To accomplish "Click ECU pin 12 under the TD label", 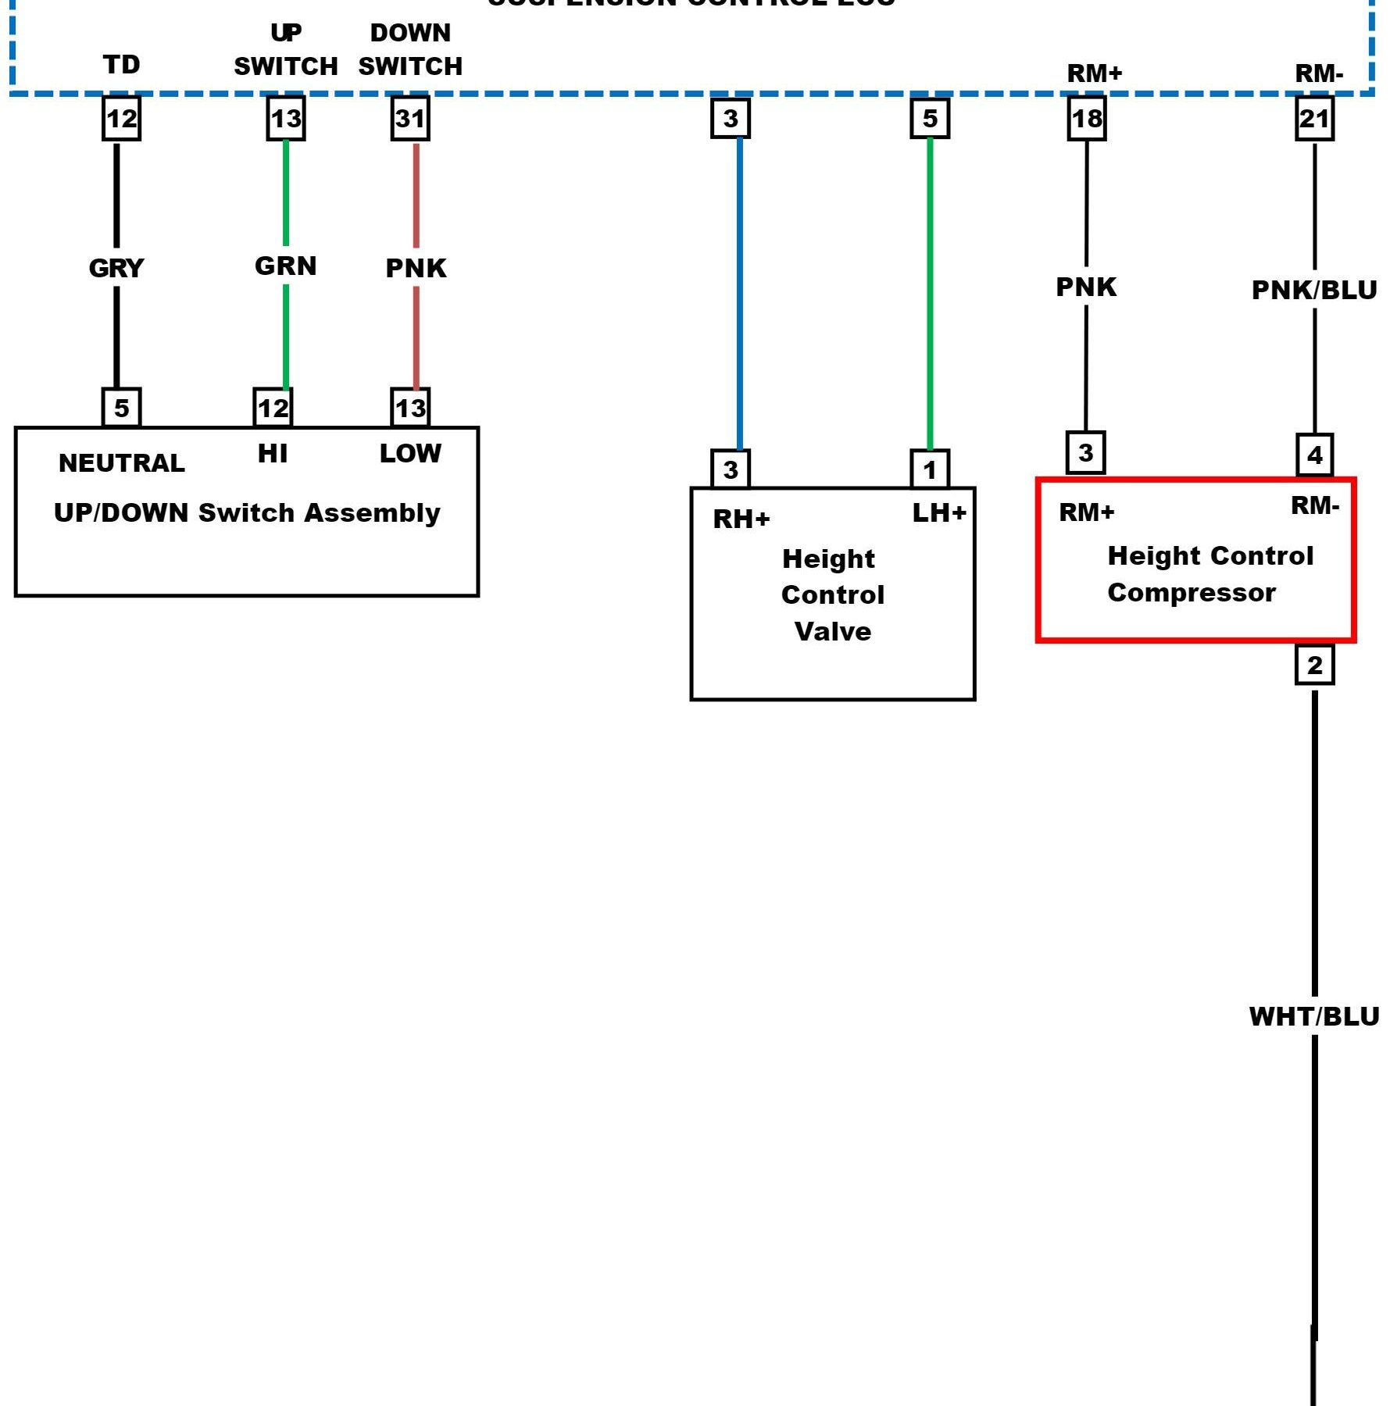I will pyautogui.click(x=121, y=119).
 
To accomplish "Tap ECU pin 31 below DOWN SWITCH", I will pyautogui.click(x=410, y=119).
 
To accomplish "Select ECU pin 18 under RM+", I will pyautogui.click(x=1086, y=119).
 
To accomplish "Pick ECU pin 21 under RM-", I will pyautogui.click(x=1314, y=119).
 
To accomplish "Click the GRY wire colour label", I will pyautogui.click(x=116, y=268).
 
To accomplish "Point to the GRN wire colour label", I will pyautogui.click(x=286, y=266).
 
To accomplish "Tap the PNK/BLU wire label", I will pyautogui.click(x=1314, y=290).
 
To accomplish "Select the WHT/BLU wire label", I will pyautogui.click(x=1314, y=1016).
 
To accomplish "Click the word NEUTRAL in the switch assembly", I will pyautogui.click(x=122, y=463).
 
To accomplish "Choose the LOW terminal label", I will pyautogui.click(x=410, y=453).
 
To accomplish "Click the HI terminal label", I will pyautogui.click(x=273, y=453).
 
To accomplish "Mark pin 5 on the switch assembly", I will pyautogui.click(x=121, y=408).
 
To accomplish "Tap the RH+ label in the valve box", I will pyautogui.click(x=741, y=519).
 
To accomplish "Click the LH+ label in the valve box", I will pyautogui.click(x=939, y=512).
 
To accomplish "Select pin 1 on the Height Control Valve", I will pyautogui.click(x=930, y=469).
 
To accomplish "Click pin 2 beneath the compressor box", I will pyautogui.click(x=1314, y=665).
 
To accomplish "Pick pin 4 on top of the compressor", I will pyautogui.click(x=1314, y=455).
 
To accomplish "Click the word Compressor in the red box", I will pyautogui.click(x=1192, y=592).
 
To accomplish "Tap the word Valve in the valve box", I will pyautogui.click(x=833, y=631).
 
